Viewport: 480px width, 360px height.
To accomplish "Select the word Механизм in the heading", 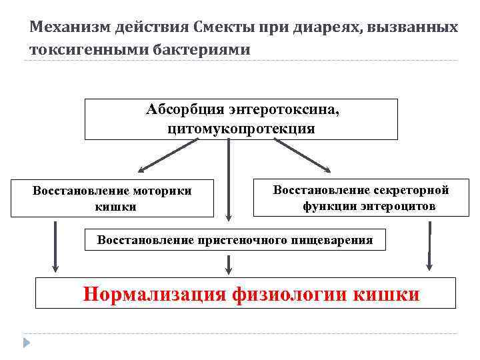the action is (x=65, y=28).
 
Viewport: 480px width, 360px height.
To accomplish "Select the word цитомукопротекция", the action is (x=241, y=128).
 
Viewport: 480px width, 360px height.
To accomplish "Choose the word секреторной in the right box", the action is (x=409, y=190).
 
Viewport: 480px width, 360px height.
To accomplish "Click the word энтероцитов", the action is (x=399, y=207).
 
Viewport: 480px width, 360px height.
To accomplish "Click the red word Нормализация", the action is (x=155, y=294).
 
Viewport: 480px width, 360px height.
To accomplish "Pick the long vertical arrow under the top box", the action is (x=229, y=180).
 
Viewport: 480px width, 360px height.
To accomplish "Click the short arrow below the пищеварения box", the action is (x=229, y=264).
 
